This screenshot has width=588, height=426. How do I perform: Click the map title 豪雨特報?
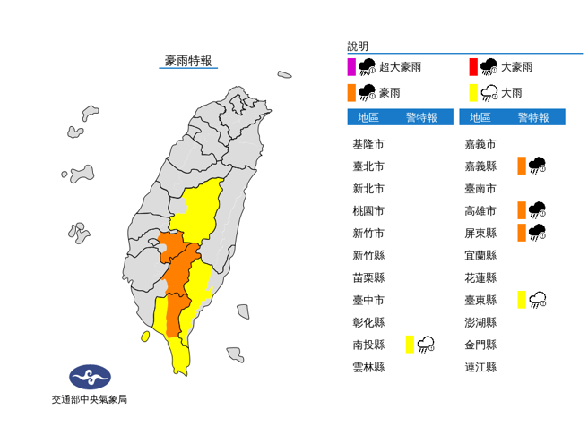point(188,61)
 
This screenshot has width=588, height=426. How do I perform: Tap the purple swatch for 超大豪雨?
point(352,67)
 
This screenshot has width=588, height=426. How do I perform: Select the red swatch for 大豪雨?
point(472,67)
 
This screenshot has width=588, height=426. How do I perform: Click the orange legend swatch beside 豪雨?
point(352,91)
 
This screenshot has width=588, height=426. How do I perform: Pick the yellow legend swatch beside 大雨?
point(472,91)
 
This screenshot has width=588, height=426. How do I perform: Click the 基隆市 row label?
point(368,144)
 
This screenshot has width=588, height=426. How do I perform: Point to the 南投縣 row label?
point(368,345)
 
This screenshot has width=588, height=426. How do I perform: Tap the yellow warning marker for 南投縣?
point(409,345)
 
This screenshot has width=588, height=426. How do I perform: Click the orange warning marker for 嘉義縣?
point(521,166)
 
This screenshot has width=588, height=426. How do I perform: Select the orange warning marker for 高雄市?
point(521,210)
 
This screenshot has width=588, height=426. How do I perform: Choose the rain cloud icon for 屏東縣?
point(538,233)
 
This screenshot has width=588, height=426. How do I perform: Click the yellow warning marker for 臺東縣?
point(521,300)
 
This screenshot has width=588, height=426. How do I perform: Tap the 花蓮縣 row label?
point(480,277)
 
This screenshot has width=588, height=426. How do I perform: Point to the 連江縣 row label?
point(480,367)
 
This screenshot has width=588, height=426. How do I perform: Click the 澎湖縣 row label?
point(480,322)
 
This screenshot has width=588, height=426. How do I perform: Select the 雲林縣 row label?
point(368,367)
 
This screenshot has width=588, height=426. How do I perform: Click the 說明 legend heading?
point(358,46)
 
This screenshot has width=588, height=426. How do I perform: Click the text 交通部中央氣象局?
point(89,399)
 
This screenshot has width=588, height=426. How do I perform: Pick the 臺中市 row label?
point(368,300)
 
